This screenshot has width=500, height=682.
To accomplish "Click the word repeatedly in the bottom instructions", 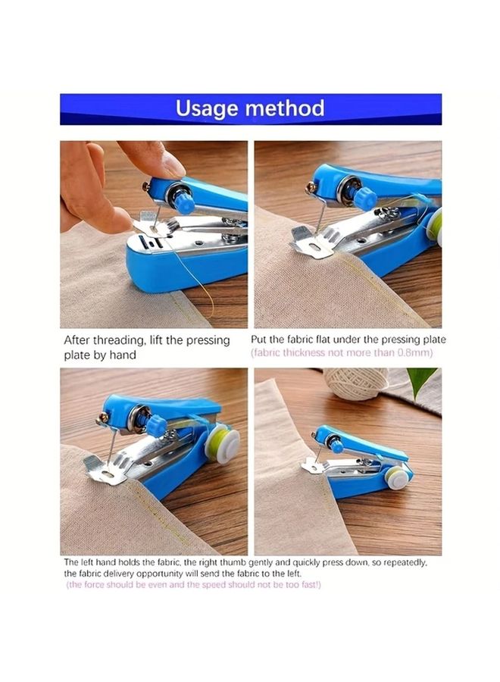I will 408,562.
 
